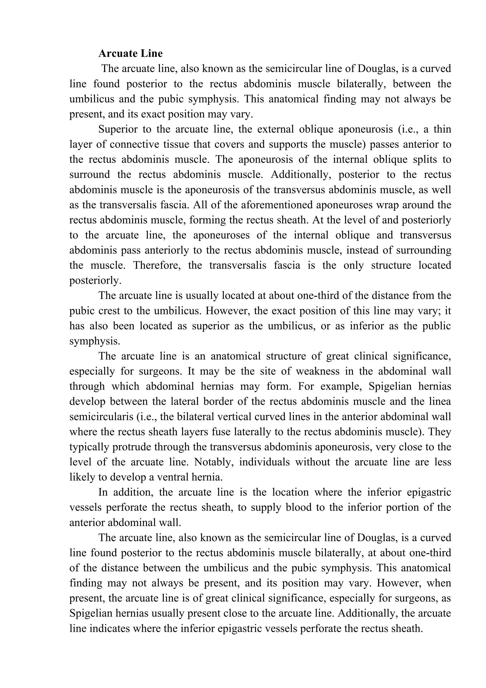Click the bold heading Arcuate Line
tap(130, 54)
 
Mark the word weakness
tap(318, 371)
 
